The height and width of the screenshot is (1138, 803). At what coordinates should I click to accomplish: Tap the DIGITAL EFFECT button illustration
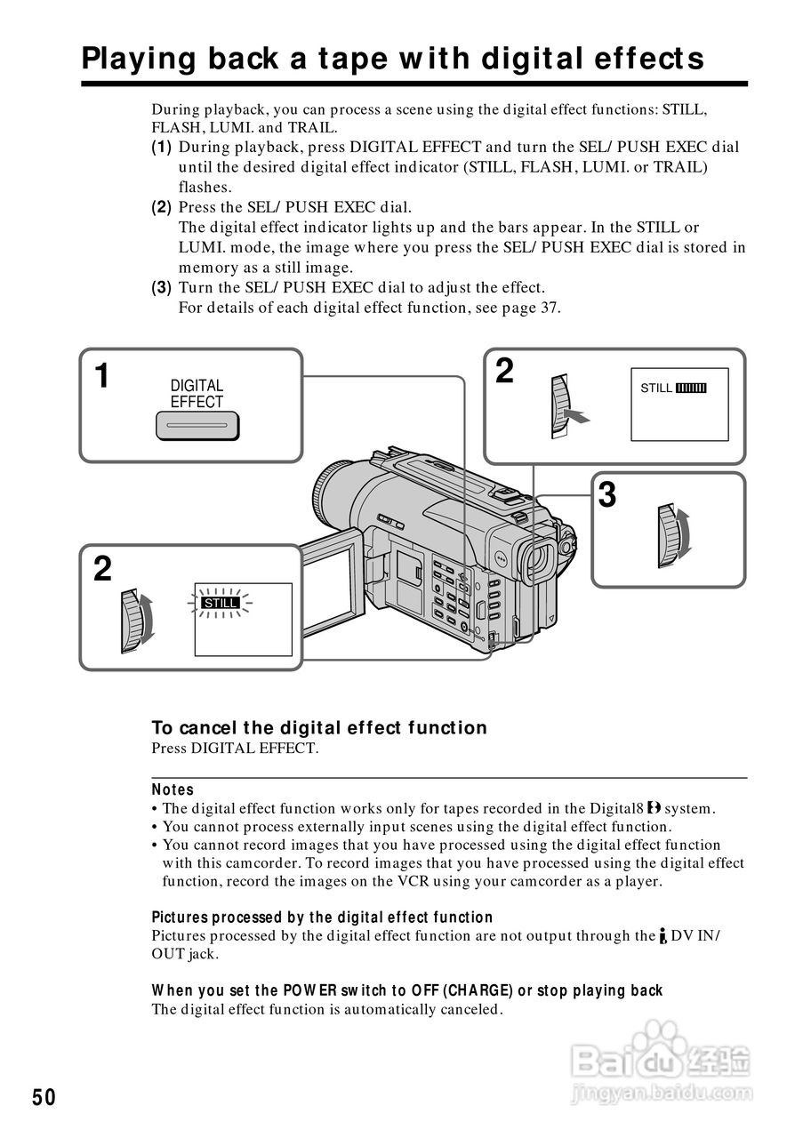[x=197, y=429]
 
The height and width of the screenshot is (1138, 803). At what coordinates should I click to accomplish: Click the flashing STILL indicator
[x=221, y=603]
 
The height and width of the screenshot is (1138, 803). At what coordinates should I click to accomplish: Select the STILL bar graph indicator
[x=691, y=389]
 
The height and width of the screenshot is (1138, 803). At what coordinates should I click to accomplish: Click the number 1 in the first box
[x=103, y=376]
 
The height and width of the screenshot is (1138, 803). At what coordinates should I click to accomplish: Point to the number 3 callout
[x=607, y=494]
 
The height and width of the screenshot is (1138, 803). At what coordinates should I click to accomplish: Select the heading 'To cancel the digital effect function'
[x=319, y=728]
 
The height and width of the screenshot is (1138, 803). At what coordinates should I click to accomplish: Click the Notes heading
[x=173, y=789]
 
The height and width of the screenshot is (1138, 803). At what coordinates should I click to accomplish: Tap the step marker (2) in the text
[x=161, y=207]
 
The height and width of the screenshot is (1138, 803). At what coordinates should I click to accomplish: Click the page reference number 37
[x=550, y=308]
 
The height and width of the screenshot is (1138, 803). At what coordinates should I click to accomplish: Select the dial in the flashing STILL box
[x=133, y=620]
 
